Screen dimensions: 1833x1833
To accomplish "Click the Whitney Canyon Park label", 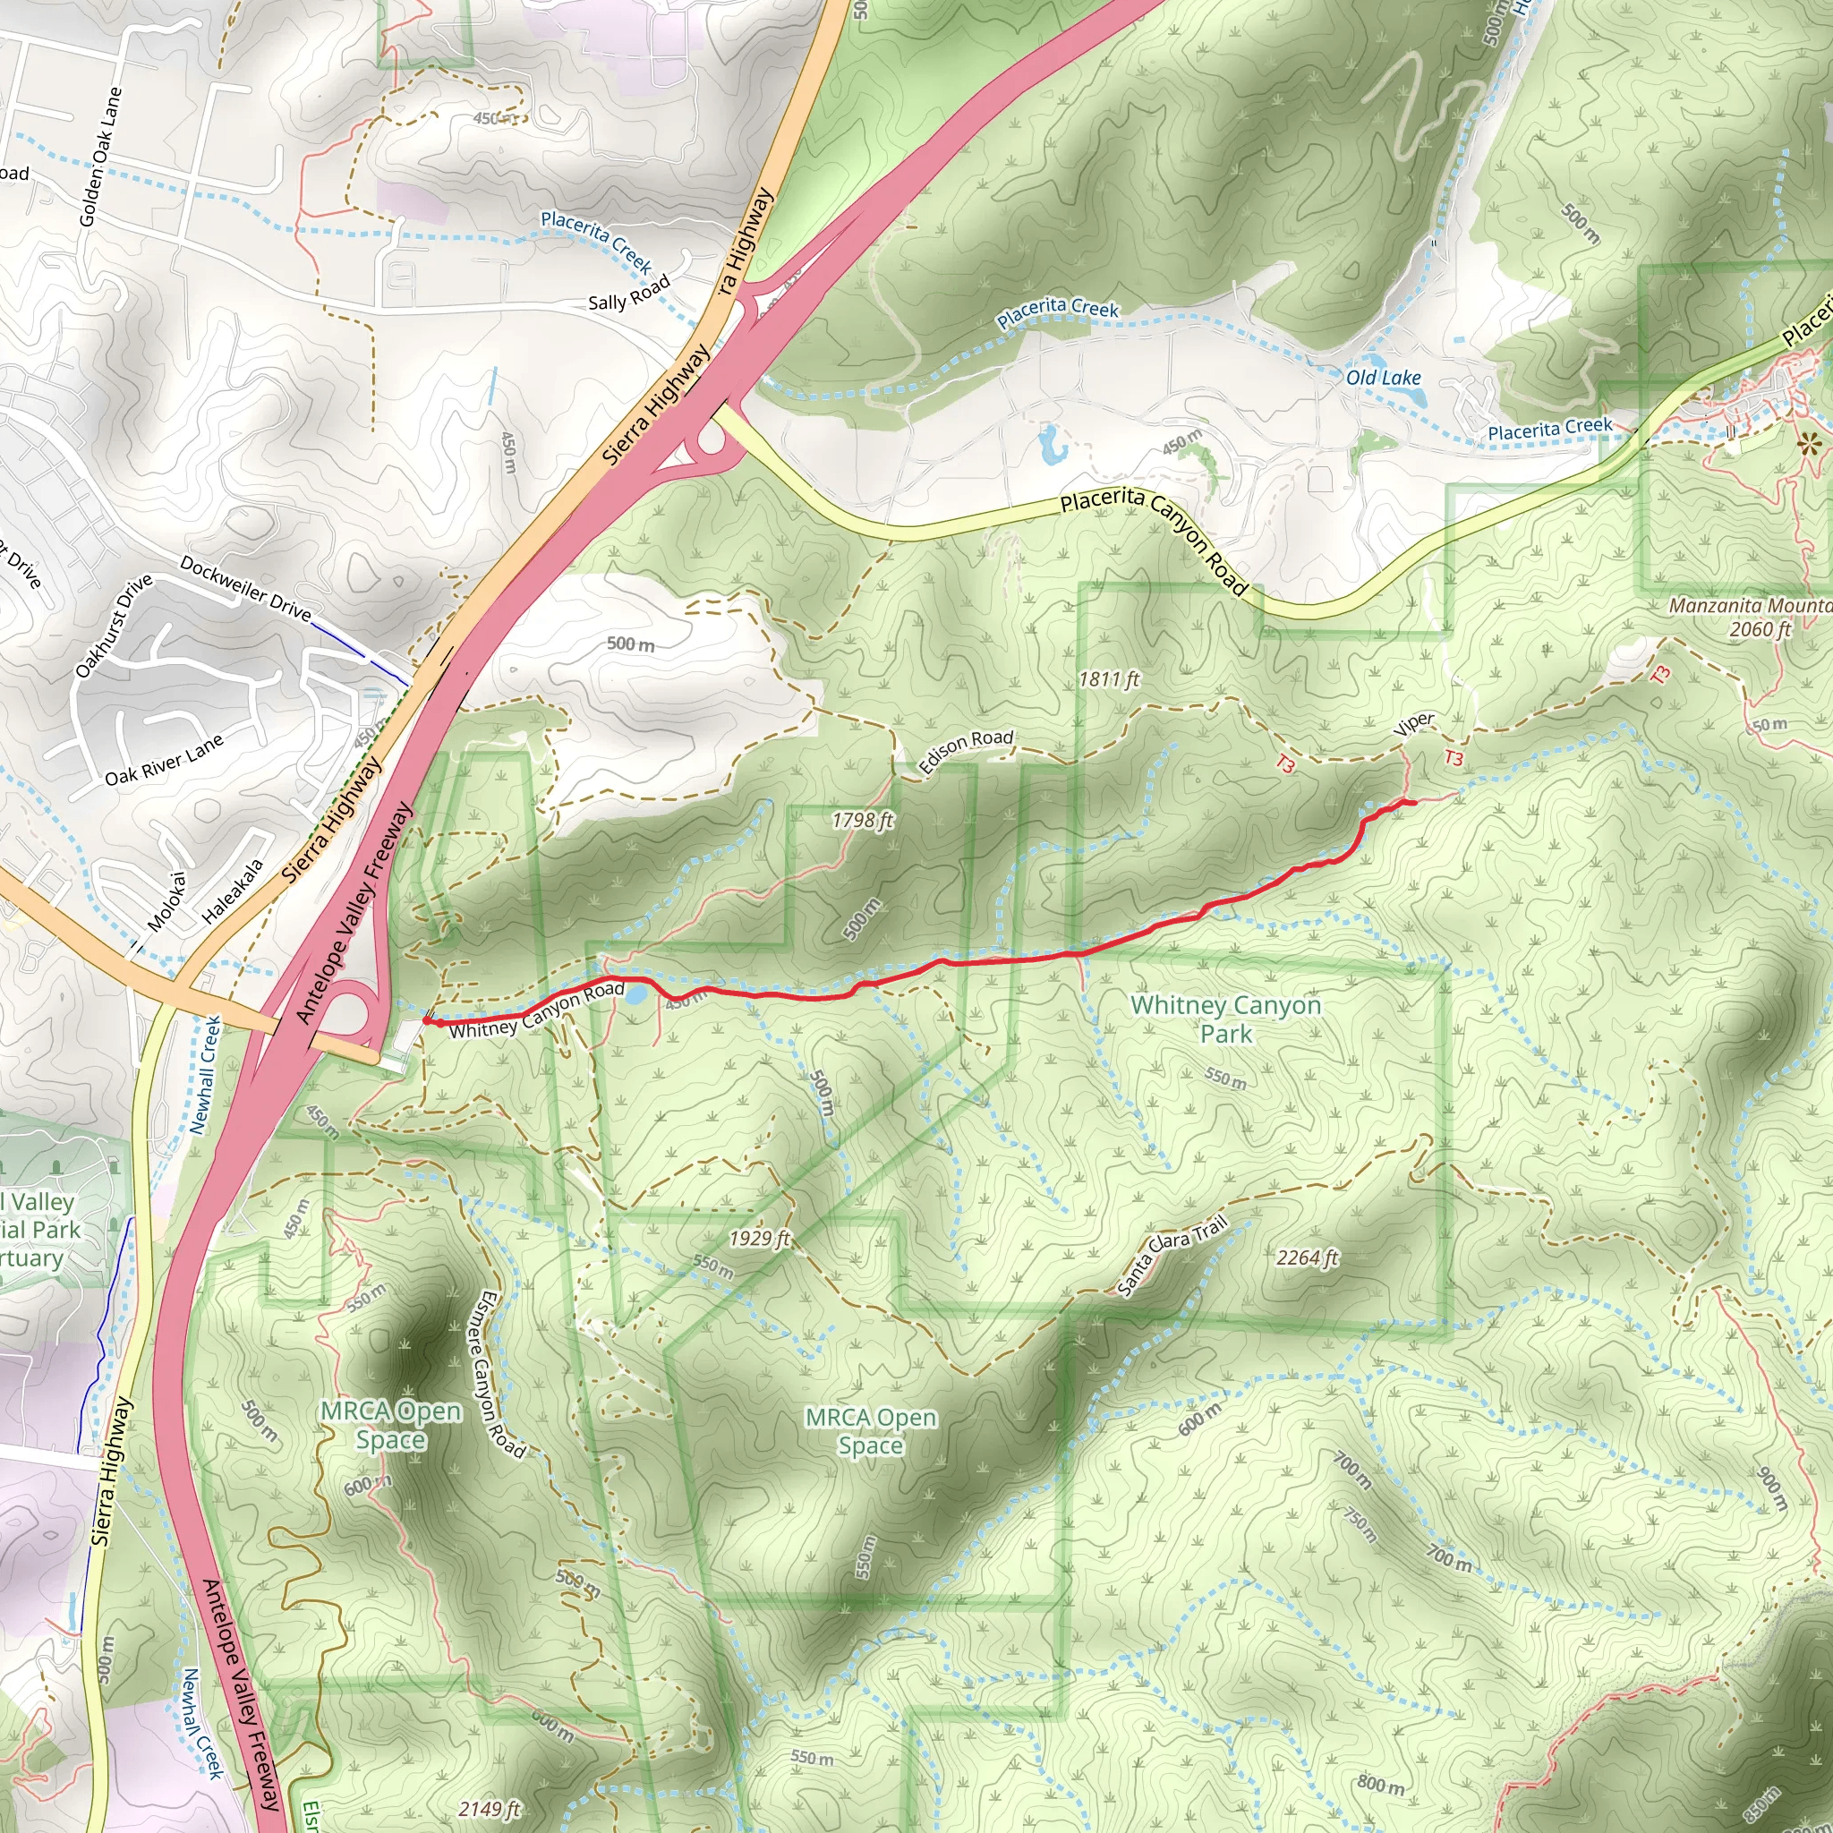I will (1226, 1019).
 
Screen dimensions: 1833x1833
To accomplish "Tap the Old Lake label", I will (1384, 378).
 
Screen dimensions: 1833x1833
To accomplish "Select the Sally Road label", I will (629, 292).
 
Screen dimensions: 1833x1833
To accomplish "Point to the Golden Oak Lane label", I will (100, 158).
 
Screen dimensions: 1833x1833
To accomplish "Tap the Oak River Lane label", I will (164, 760).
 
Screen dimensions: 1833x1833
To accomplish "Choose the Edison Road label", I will (966, 752).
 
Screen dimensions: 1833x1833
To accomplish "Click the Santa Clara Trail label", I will (1172, 1255).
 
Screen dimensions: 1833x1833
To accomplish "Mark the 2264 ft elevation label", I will (1308, 1258).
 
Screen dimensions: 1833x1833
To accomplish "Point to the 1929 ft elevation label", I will (759, 1239).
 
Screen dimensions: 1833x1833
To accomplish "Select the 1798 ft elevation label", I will (863, 820).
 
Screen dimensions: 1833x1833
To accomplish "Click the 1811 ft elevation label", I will (1109, 679).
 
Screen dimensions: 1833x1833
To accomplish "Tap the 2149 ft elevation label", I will (490, 1809).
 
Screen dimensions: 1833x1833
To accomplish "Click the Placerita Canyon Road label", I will (1154, 541).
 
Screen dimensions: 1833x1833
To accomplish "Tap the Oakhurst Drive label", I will (114, 627).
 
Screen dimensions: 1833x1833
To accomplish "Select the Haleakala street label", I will (233, 891).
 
